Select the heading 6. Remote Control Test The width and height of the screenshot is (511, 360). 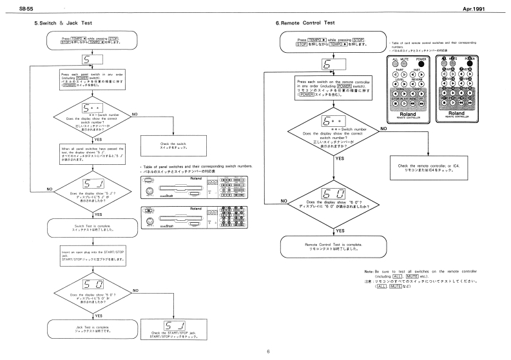coord(300,24)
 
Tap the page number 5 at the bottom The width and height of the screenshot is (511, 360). coord(256,352)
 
